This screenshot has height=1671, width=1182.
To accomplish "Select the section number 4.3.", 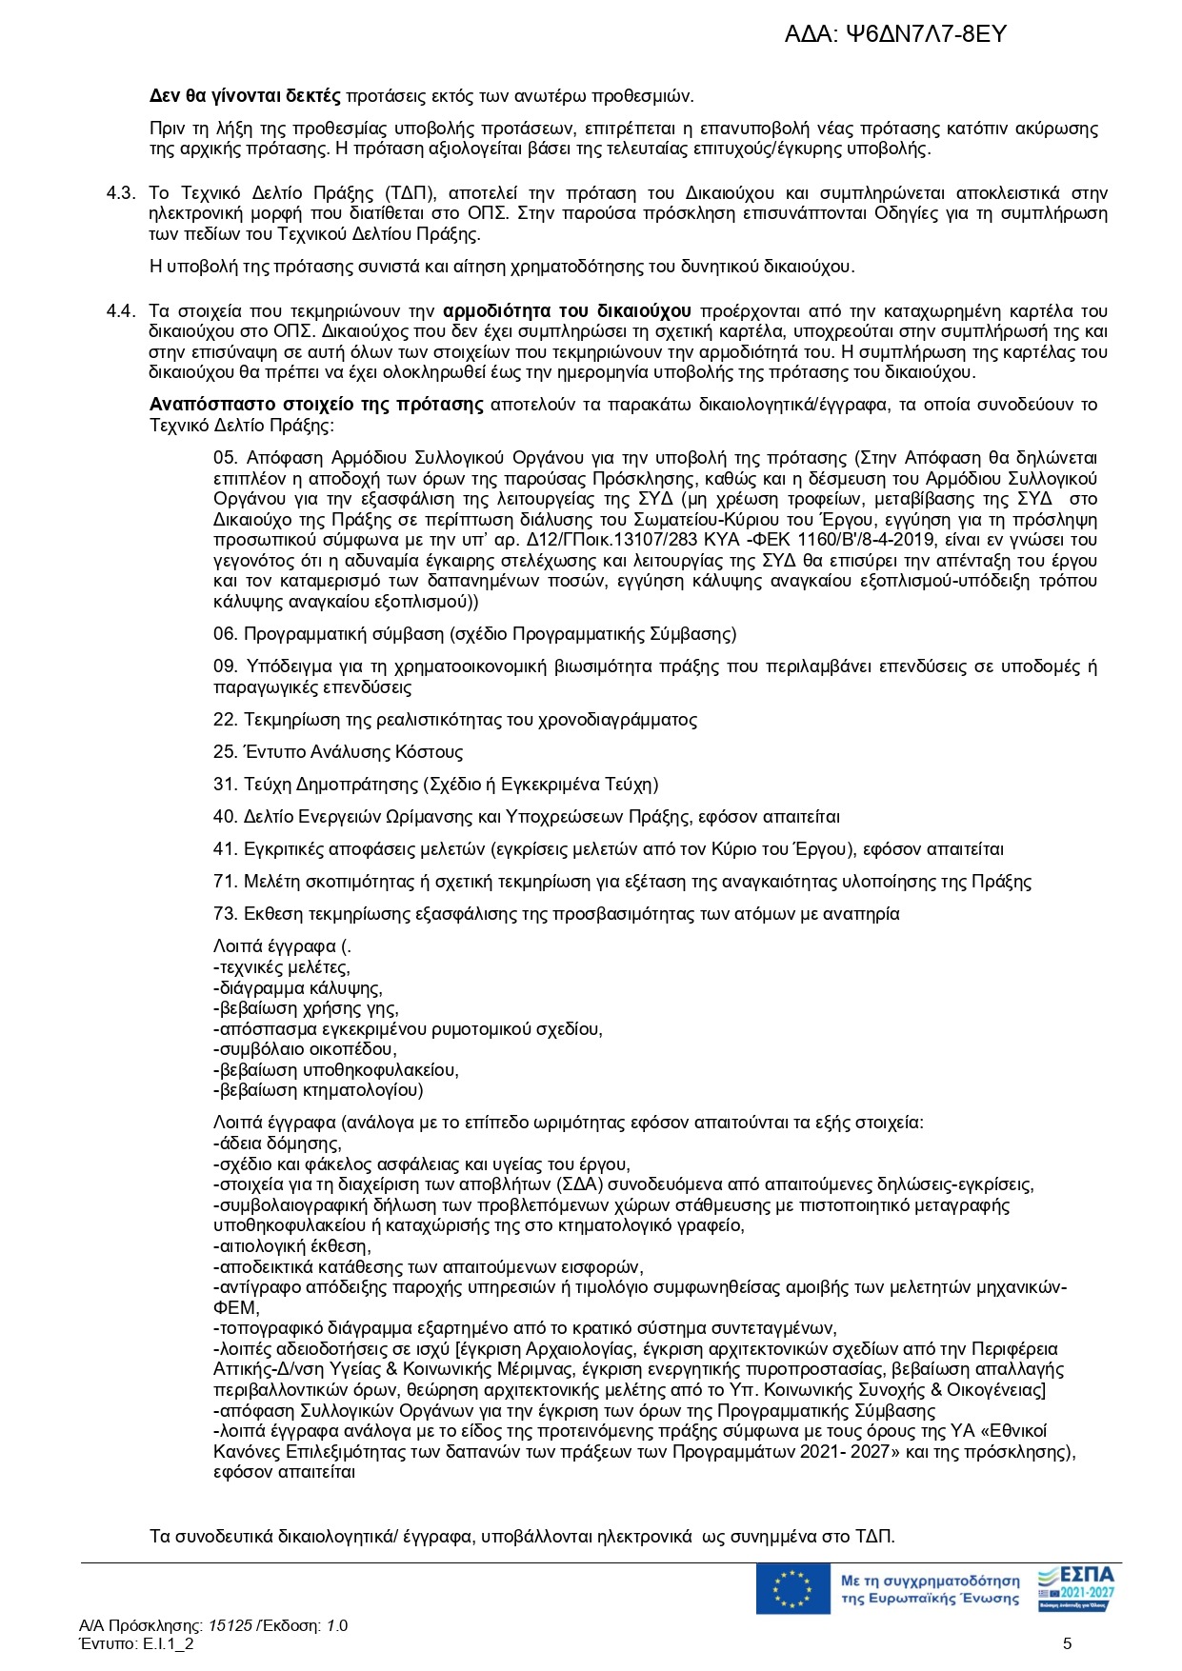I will pos(121,193).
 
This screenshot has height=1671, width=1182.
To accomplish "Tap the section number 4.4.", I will pos(121,311).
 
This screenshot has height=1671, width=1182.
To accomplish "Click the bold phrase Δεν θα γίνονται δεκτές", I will pos(245,95).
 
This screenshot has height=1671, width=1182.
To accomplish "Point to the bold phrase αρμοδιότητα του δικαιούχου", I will pos(568,311).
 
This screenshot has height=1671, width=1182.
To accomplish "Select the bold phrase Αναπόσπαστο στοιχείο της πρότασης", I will pos(316,405).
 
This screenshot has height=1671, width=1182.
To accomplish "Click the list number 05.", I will pos(226,458).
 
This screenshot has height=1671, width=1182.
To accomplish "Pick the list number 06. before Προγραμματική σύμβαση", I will pos(226,634).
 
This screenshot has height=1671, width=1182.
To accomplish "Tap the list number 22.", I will pos(226,720).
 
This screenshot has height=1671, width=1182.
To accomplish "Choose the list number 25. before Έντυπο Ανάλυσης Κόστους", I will pos(226,752).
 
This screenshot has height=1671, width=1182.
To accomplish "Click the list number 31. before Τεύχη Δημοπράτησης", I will pos(226,785).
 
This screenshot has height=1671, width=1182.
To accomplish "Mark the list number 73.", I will pos(226,914).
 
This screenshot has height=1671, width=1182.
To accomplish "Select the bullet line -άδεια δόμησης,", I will pos(277,1144).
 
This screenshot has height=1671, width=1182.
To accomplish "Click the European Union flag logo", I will pos(792,1589).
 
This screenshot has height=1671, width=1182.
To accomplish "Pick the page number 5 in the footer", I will pos(1068,1643).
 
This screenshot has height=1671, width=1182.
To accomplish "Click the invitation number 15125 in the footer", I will pos(230,1625).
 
